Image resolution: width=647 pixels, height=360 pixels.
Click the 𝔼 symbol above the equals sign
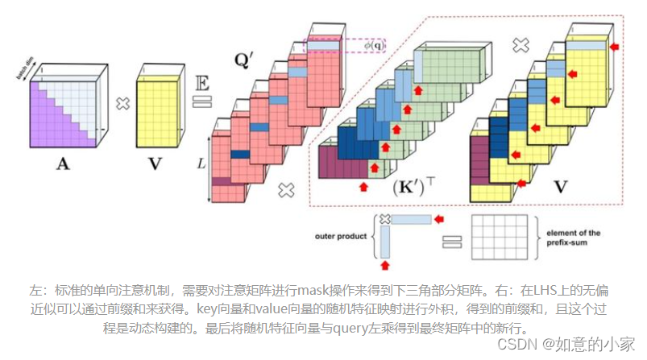[x=201, y=82]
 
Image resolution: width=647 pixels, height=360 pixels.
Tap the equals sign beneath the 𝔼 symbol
[x=201, y=101]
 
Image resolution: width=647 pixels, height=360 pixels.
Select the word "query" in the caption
[x=347, y=328]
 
